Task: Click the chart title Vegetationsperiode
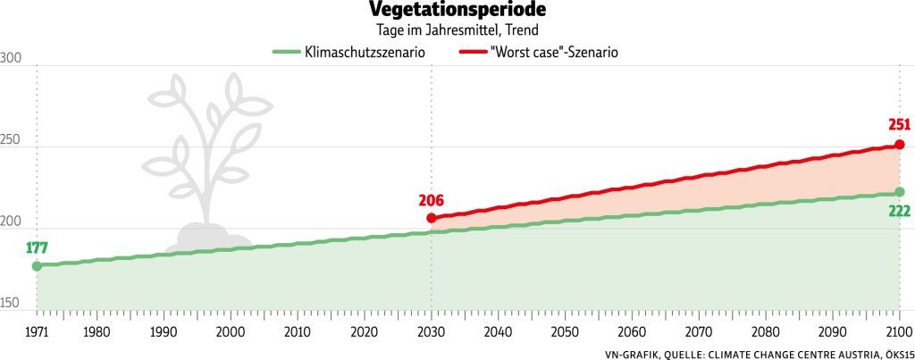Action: point(457,11)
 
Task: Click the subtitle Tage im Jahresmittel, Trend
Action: point(457,31)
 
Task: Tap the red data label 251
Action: point(898,125)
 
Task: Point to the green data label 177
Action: point(36,247)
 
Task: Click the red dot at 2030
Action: point(432,218)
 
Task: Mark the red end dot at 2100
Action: point(899,145)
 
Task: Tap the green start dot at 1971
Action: point(37,265)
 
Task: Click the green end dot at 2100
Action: point(899,192)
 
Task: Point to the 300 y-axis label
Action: point(11,58)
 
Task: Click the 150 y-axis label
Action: point(11,303)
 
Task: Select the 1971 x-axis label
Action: point(37,331)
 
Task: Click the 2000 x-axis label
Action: point(231,331)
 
